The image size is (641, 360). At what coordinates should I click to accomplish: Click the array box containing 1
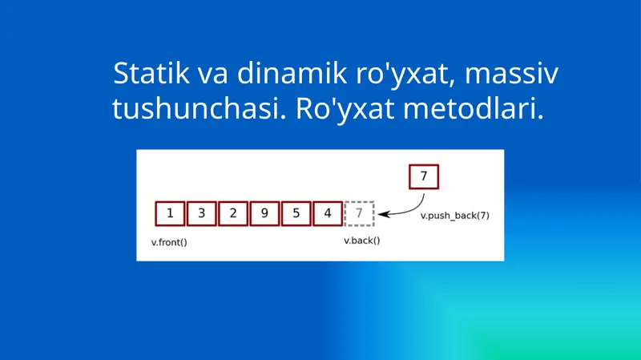(x=170, y=213)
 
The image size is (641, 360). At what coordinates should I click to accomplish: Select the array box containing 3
(x=201, y=213)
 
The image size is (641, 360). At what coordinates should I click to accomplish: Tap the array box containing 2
(x=233, y=213)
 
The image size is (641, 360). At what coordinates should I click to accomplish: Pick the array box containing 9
(x=264, y=213)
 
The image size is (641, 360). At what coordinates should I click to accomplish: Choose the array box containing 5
(x=296, y=213)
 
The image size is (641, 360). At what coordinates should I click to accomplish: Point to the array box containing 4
(x=328, y=213)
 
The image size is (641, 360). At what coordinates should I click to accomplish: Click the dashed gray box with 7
(x=359, y=213)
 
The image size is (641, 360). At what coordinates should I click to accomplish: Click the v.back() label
(x=361, y=241)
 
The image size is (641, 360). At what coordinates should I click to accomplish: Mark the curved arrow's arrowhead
(x=383, y=214)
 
